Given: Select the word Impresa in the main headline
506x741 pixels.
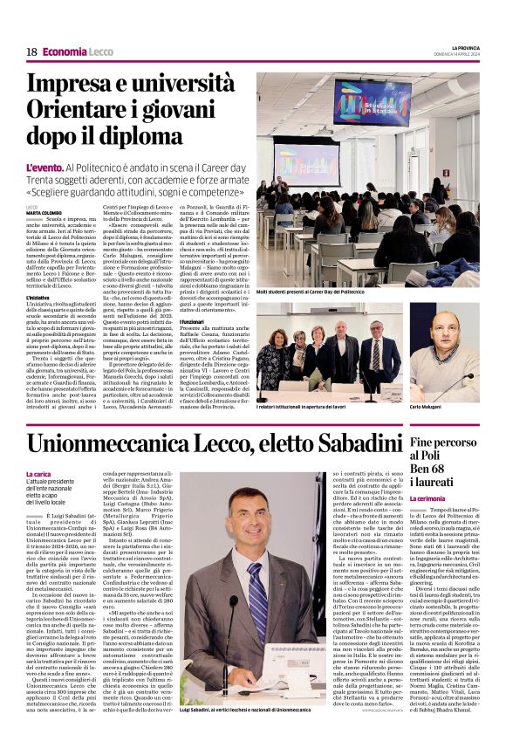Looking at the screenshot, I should click(76, 86).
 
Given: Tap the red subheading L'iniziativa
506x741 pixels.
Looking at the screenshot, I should click(43, 297).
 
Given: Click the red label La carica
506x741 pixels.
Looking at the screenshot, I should click(39, 474).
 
